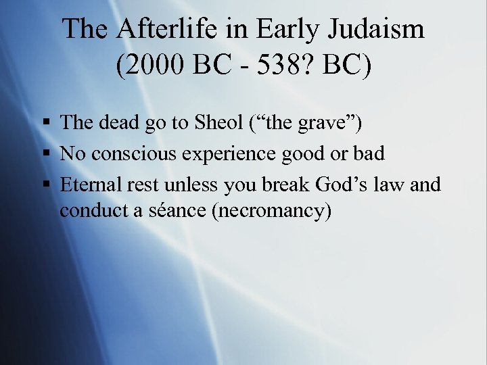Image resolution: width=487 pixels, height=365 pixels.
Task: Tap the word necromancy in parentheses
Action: (272, 211)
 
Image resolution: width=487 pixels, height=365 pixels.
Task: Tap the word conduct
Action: (87, 211)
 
